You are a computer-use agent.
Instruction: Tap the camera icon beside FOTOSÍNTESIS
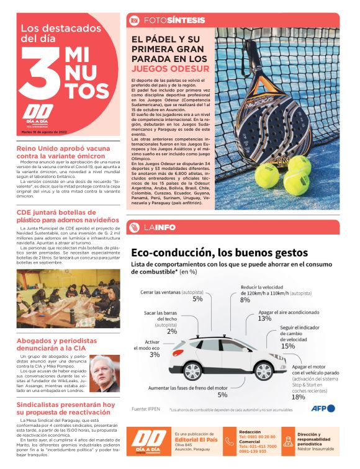[133, 20]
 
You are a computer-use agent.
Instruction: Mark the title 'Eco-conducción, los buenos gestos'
[215, 252]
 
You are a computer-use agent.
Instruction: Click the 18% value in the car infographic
[298, 397]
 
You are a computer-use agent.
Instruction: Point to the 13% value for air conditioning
[264, 318]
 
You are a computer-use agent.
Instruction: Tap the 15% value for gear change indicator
[287, 346]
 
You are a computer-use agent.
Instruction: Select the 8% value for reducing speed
[245, 299]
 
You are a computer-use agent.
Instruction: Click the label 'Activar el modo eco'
[152, 345]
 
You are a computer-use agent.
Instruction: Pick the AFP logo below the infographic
[323, 408]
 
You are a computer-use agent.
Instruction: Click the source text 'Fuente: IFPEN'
[147, 409]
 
